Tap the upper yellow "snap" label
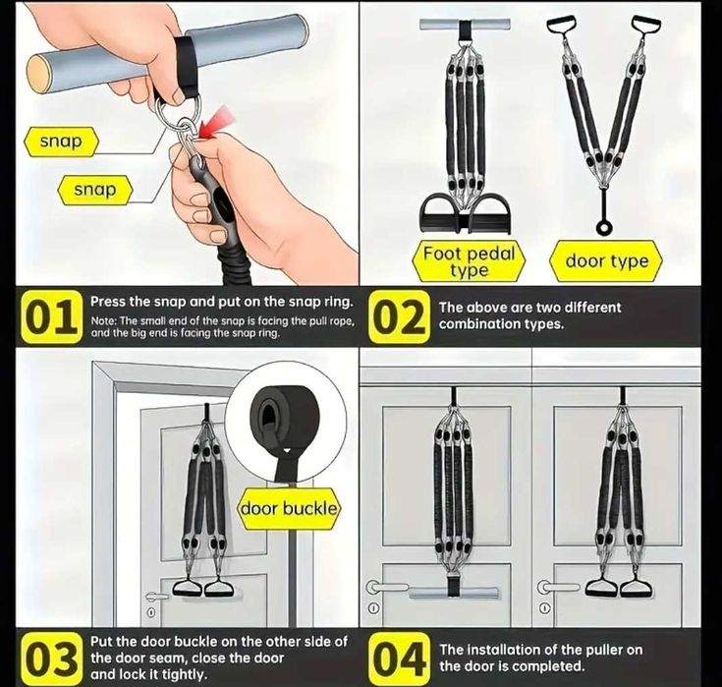61,142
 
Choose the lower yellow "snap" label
95,190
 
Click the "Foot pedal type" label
469,261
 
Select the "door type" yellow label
606,261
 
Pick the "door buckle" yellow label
289,509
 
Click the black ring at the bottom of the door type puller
603,227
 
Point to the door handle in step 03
156,596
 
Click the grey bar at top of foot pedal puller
465,24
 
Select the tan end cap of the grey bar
38,73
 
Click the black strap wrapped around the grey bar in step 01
187,66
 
